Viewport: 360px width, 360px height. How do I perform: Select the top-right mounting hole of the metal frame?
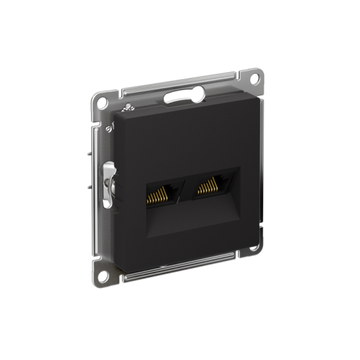(x=255, y=79)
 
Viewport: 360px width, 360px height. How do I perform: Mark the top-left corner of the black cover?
(x=113, y=111)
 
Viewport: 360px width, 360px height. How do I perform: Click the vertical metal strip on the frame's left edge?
(x=96, y=180)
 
